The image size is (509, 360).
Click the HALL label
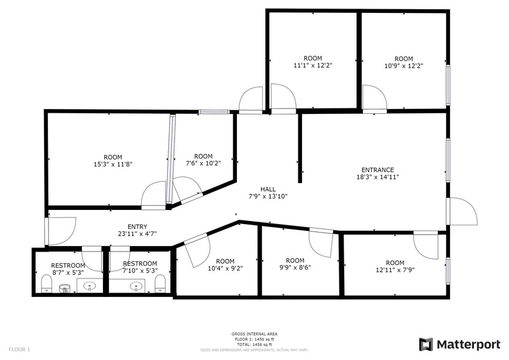(268, 189)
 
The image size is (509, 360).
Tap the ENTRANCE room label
(377, 170)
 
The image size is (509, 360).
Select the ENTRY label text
(137, 227)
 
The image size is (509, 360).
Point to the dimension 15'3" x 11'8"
(113, 164)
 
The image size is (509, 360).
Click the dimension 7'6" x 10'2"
(203, 163)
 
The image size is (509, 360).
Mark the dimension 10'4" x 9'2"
(225, 268)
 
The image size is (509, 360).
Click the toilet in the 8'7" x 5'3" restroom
(45, 283)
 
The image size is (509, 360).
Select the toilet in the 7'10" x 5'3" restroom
(160, 283)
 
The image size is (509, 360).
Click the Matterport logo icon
(426, 345)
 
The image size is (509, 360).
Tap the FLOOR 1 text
(20, 349)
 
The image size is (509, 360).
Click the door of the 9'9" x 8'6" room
(320, 241)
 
